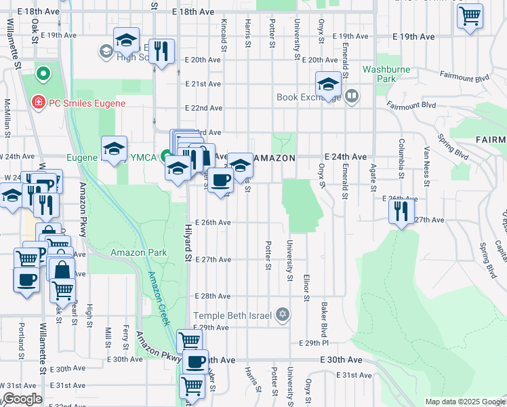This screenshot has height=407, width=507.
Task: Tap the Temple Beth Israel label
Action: (x=233, y=315)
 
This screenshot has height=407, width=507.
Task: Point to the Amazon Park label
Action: (x=139, y=252)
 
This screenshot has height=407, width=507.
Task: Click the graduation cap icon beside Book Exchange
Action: (x=328, y=85)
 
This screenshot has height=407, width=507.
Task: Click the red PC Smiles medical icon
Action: (x=39, y=102)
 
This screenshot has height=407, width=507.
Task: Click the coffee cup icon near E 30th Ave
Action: (x=195, y=362)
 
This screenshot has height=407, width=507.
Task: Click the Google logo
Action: (x=23, y=399)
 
